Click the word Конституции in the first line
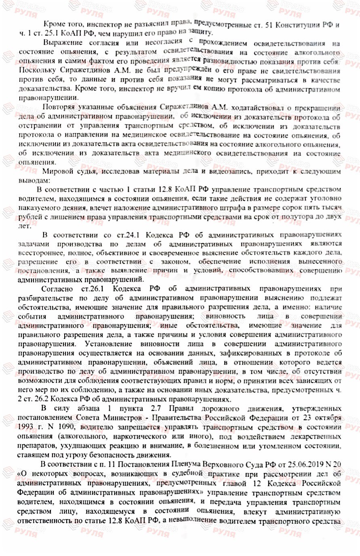click(x=300, y=24)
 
